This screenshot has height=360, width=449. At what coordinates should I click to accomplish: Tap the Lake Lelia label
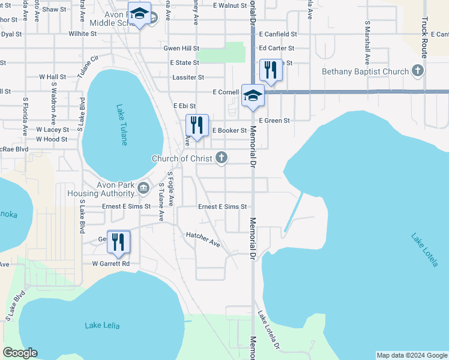coord(102,325)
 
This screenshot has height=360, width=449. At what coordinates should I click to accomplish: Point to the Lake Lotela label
coord(425,250)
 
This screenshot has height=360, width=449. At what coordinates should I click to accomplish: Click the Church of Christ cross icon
coord(221,158)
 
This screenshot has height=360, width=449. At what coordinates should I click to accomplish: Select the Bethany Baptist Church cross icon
coord(418,71)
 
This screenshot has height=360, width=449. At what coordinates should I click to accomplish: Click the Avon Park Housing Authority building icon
coord(143,188)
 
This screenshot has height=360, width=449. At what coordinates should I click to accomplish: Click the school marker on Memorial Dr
coord(253,96)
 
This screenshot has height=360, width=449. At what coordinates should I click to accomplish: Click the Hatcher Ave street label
coord(203,239)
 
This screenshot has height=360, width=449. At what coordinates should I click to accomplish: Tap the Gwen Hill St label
coord(181,48)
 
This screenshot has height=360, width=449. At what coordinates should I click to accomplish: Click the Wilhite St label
coord(83,34)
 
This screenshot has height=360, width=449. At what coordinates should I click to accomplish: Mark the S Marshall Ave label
coord(366,44)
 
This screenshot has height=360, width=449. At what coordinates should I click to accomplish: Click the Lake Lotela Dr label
coord(268,331)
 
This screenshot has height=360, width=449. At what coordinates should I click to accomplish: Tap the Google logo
coord(20,353)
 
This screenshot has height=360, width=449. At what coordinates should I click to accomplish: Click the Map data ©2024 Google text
coord(411,355)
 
